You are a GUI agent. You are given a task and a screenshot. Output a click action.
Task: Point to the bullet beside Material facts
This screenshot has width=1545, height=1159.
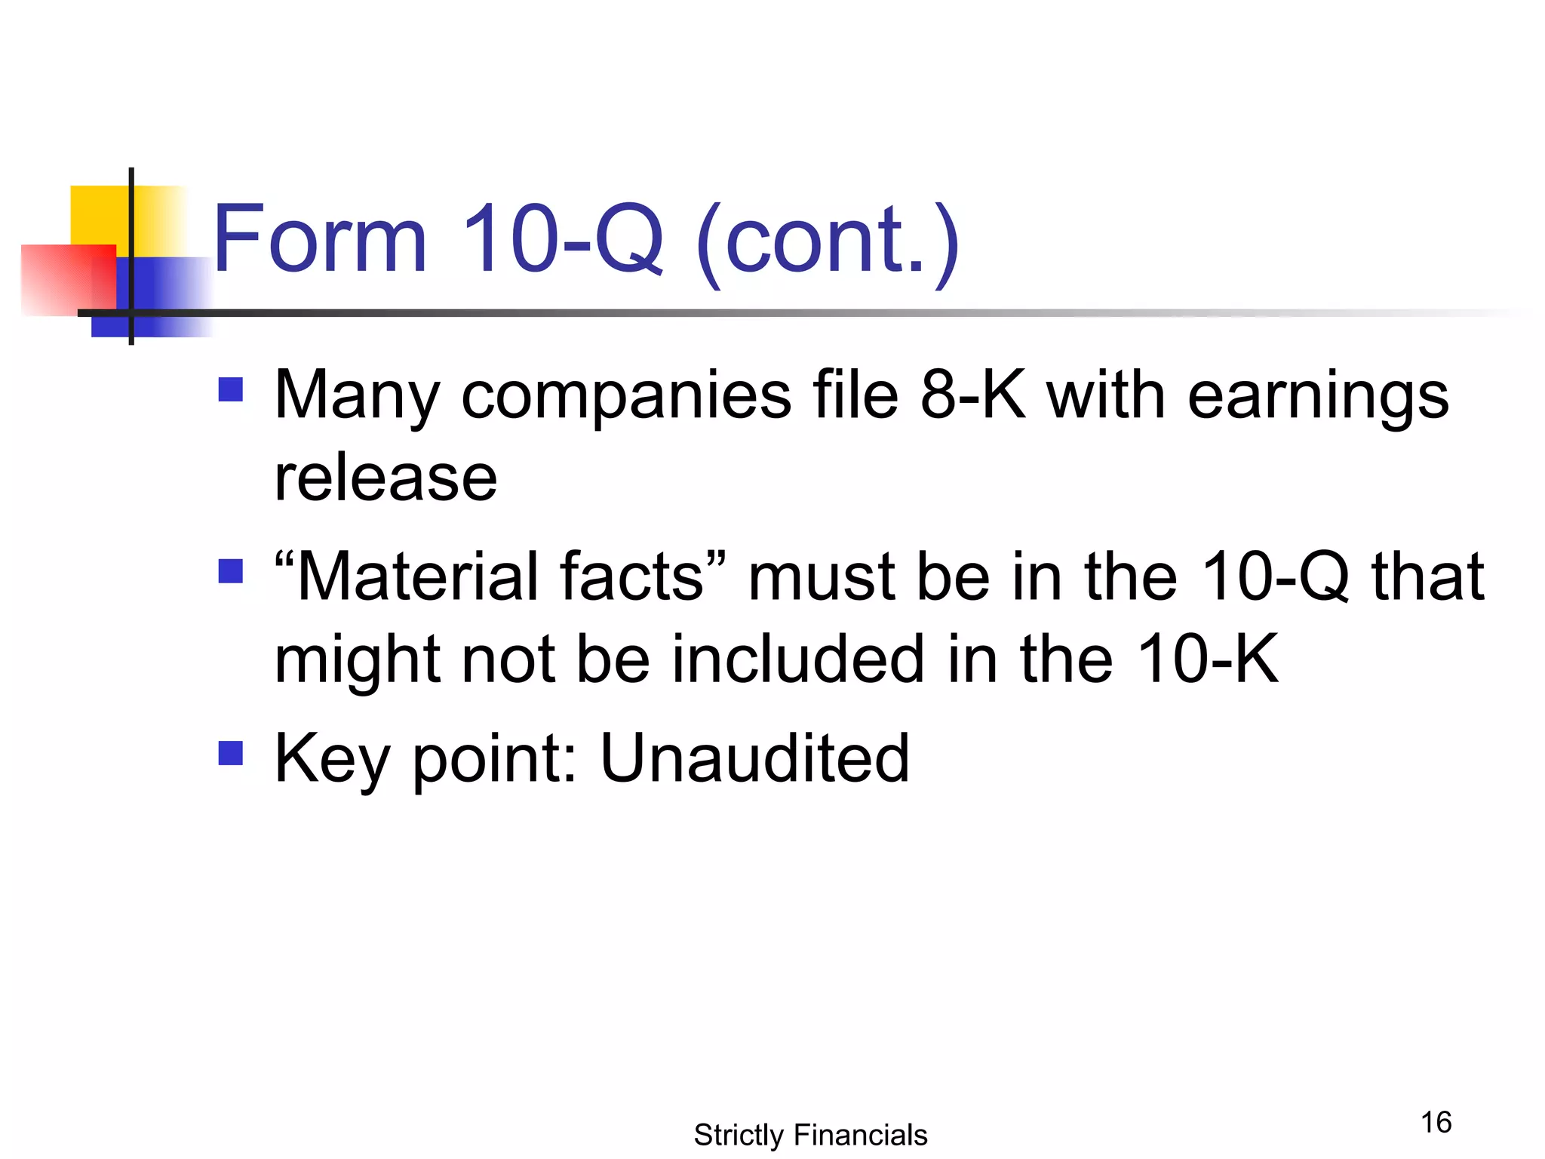[x=231, y=571]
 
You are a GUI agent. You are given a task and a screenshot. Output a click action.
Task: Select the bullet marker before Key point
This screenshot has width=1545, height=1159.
[x=231, y=752]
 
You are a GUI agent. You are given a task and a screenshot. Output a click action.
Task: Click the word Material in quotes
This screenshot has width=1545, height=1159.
[x=415, y=577]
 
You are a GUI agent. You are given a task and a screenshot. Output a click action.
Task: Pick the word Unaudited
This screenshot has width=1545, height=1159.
[x=754, y=758]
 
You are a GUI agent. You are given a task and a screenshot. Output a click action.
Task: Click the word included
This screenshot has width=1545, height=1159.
[x=797, y=659]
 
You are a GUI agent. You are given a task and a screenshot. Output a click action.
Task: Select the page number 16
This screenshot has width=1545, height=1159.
[x=1436, y=1122]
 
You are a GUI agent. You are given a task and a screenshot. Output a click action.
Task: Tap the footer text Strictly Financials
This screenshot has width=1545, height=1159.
[x=810, y=1135]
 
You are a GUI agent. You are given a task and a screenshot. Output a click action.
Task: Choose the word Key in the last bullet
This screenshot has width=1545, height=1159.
[x=332, y=759]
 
